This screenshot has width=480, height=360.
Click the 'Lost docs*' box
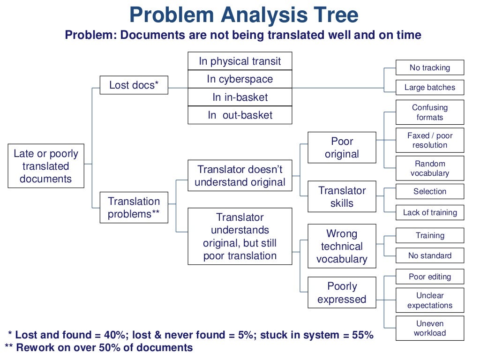[x=134, y=85]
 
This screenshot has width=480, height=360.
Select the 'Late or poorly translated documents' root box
[x=46, y=166]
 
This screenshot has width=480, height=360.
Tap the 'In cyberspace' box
[x=240, y=79]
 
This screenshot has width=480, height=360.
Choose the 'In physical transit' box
[x=240, y=61]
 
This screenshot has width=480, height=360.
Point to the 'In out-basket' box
[x=240, y=115]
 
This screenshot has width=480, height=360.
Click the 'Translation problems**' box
[x=134, y=207]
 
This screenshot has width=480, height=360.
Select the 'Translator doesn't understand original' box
[x=240, y=175]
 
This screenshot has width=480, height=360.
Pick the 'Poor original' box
[x=342, y=147]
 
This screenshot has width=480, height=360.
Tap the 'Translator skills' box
[x=342, y=196]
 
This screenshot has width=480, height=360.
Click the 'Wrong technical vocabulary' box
[x=342, y=246]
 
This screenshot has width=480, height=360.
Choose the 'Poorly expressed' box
[x=342, y=292]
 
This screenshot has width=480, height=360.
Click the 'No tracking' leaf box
[x=430, y=67]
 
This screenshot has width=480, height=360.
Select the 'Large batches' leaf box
[x=430, y=87]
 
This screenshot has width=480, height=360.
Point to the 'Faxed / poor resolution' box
[x=430, y=140]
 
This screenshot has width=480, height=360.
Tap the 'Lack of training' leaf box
[x=430, y=212]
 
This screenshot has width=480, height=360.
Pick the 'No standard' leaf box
[x=430, y=255]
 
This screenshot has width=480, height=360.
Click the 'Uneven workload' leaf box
[x=430, y=328]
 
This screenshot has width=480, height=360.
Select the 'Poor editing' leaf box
[x=430, y=277]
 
